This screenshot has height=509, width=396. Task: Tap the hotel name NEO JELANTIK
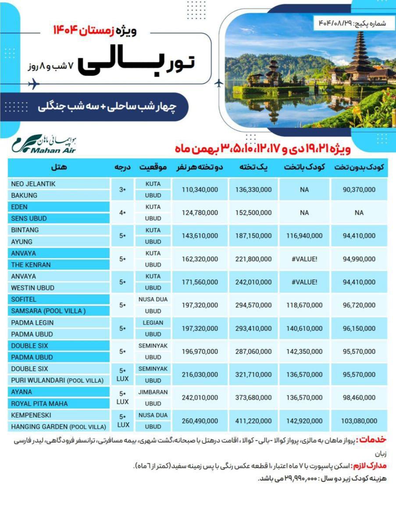click(x=33, y=184)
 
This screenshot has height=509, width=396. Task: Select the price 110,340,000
click(x=200, y=189)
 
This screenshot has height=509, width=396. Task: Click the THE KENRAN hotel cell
click(x=31, y=265)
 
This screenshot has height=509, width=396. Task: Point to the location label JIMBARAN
click(x=153, y=392)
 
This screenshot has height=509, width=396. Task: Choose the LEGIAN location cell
click(x=153, y=323)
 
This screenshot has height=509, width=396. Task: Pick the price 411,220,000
click(x=253, y=421)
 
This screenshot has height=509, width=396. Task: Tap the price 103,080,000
click(x=359, y=421)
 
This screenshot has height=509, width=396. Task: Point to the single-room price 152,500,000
click(x=253, y=213)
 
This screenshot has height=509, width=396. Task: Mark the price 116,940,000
click(x=304, y=236)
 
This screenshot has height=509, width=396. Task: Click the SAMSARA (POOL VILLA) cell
click(x=48, y=311)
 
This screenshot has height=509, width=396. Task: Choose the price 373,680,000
click(x=253, y=398)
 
